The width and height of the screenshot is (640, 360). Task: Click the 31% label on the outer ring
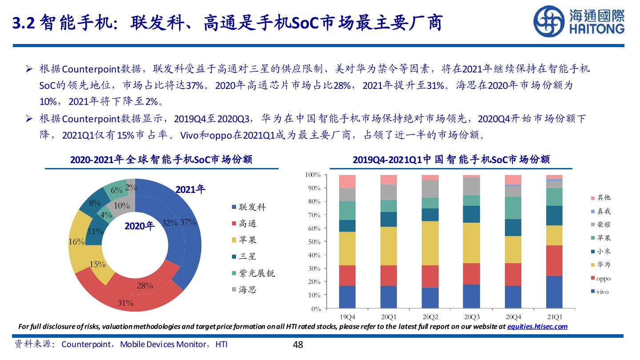125,304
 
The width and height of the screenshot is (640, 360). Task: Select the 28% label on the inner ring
145,286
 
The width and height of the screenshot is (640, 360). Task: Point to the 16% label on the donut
76,242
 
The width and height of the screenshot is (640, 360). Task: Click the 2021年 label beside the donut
191,190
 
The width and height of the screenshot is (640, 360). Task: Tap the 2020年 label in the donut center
139,226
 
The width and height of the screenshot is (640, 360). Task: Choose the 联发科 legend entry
252,207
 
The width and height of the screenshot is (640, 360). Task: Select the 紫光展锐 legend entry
256,273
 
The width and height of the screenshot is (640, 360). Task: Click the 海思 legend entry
248,290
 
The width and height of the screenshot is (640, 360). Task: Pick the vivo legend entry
602,292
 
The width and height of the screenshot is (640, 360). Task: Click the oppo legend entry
604,279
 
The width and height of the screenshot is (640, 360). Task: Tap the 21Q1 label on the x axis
554,317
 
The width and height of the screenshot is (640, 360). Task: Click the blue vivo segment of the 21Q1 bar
554,292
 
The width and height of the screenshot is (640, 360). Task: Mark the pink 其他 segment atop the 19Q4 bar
347,181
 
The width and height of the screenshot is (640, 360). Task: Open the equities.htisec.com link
537,327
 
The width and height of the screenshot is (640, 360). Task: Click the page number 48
298,344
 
